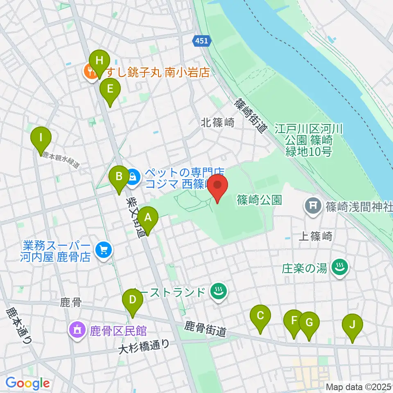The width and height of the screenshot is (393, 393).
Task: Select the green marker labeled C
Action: [260, 316]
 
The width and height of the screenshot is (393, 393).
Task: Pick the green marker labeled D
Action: [132, 300]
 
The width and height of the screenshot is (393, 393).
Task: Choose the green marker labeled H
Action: [99, 61]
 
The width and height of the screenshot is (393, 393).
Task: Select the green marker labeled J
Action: [352, 325]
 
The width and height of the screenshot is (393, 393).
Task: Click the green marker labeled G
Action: [309, 323]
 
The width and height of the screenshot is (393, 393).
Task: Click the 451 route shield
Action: [201, 40]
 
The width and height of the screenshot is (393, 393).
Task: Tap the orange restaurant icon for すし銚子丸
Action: [90, 72]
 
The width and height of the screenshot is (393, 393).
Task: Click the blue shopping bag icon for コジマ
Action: [133, 177]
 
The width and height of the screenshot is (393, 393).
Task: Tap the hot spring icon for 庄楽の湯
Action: [340, 268]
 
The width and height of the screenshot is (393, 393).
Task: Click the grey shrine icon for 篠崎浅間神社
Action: [314, 204]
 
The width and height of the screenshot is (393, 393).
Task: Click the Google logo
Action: [27, 383]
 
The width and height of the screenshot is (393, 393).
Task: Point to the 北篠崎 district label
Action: [217, 122]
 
